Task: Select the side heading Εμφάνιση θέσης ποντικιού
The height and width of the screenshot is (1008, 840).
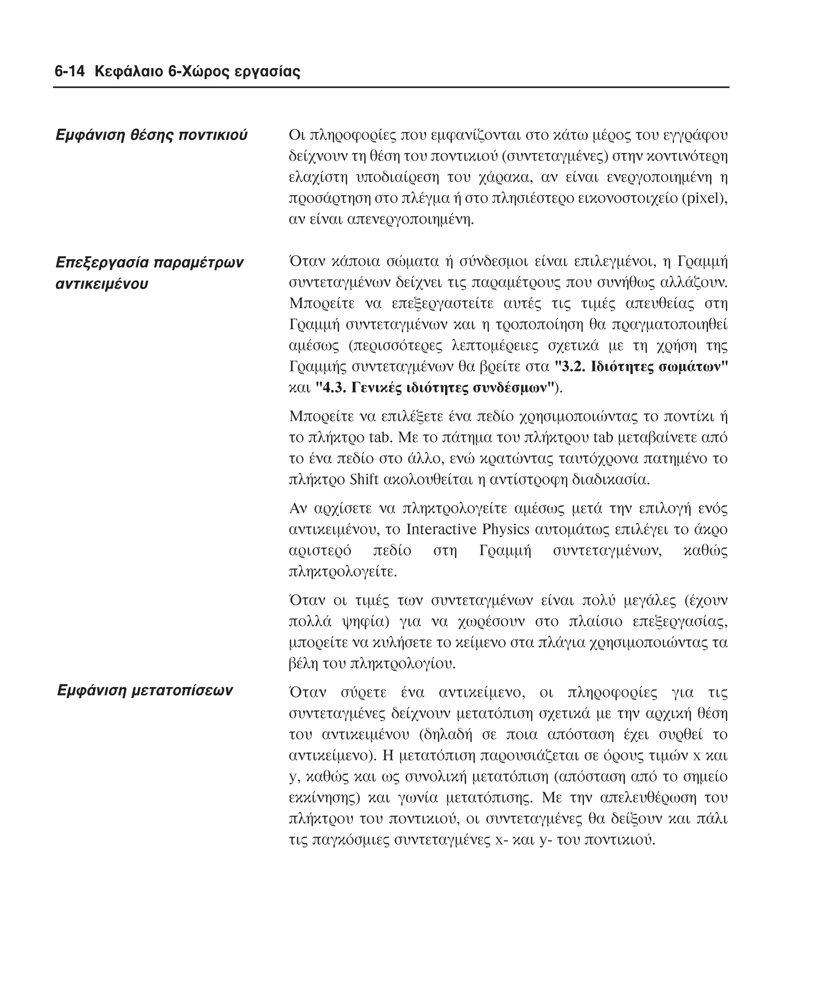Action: pos(152,135)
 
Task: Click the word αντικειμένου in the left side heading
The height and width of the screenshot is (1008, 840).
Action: pos(102,284)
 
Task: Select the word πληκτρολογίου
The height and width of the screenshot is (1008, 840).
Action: pos(402,664)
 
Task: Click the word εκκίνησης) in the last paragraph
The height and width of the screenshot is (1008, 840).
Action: pos(324,798)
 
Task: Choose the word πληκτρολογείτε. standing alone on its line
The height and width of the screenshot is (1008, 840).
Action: pos(343,572)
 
